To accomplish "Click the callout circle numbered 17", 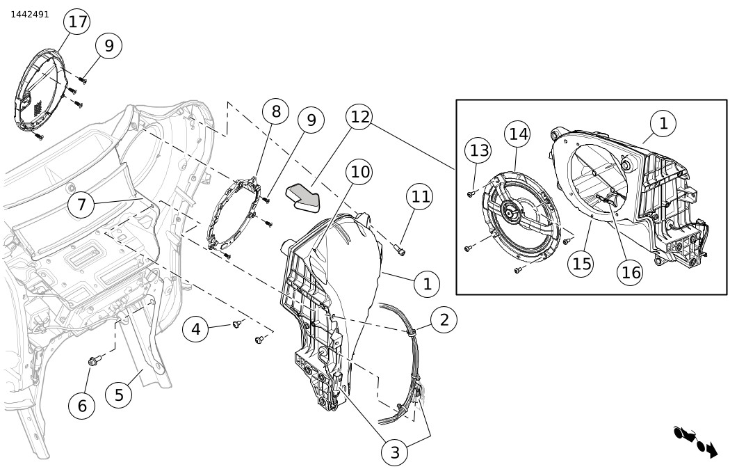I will point(77,22).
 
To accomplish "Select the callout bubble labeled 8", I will point(276,111).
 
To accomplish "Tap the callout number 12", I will point(359,116).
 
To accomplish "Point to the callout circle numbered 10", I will point(359,171).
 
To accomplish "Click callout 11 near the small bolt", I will point(421,197).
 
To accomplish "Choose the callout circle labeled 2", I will point(444,319).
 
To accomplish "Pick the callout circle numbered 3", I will point(395,452).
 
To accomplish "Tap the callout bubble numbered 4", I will point(196,328).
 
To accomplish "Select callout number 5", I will point(119,395).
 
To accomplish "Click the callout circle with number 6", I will point(82,406).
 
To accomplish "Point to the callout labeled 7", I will point(81,205).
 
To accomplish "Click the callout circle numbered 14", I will point(519,134).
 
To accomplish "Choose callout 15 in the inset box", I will point(583,264).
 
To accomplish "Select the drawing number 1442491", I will point(30,14).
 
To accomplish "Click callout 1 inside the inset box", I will point(663,123).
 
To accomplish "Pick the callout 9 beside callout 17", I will point(108,46).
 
